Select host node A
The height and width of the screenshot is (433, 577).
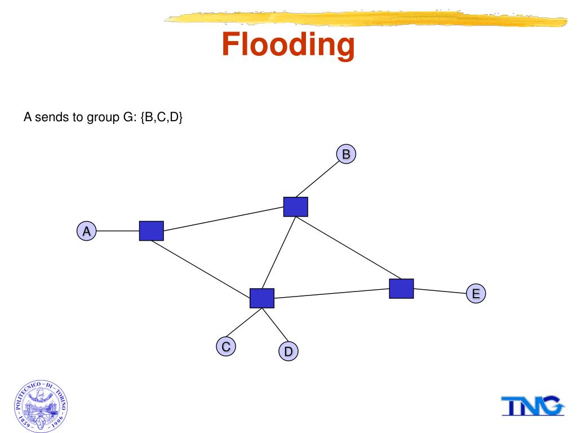point(86,231)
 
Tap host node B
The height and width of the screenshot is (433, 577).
point(346,154)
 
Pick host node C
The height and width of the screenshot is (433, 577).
point(225,347)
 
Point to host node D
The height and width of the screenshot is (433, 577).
point(288,352)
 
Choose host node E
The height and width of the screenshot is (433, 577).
point(476,294)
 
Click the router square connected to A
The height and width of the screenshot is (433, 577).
point(151,231)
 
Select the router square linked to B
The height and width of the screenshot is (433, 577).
point(295,207)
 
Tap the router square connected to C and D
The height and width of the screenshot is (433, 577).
point(262,298)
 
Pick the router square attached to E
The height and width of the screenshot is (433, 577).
point(401,289)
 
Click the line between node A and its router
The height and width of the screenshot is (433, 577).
point(118,231)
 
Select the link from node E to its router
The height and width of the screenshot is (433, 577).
point(440,291)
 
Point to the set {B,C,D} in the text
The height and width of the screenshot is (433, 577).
point(162,118)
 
